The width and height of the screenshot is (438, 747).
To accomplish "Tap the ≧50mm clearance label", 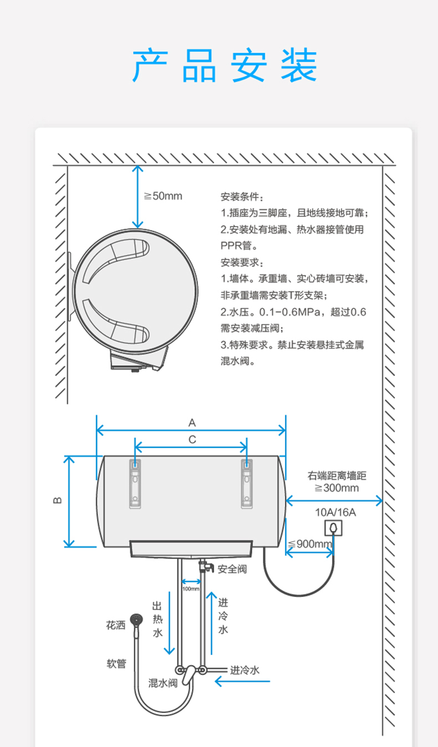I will pos(163,196).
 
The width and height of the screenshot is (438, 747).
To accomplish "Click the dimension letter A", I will pos(192,423).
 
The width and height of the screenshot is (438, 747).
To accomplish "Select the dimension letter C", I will pos(192,440).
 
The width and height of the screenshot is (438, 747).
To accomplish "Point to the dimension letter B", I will pos(57,501).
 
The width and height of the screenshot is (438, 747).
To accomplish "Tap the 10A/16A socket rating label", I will pos(335,512).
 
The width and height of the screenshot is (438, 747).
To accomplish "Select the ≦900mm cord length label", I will pos(310,543).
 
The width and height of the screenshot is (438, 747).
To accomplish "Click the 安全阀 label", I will pos(232,569).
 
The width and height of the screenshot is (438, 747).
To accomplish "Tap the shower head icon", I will pos(135,619).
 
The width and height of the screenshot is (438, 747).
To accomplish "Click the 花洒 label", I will pos(116,625).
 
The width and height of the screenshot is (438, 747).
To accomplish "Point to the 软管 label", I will pos(116,663).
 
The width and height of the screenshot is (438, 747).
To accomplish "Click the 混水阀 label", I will pos(162,683).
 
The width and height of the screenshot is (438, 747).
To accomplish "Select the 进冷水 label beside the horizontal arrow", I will pos(245,670).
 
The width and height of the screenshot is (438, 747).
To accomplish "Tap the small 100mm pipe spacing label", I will pos(191,588).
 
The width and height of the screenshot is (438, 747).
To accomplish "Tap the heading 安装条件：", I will pos(243,197).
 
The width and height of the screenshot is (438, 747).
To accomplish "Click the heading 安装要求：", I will pos(243,262).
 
